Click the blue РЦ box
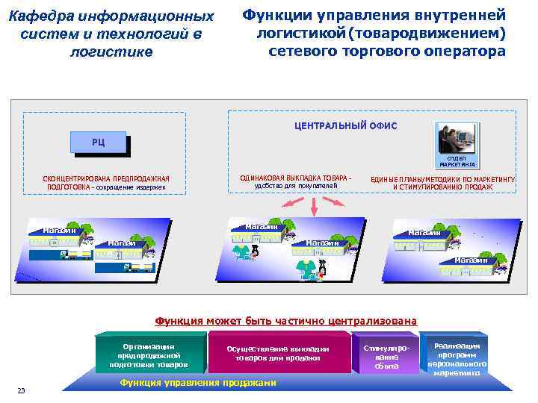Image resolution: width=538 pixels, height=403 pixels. pos(99,142)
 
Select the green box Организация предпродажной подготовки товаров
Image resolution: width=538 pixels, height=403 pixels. pos(149,354)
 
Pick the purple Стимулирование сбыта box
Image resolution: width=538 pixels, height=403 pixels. pos(386,357)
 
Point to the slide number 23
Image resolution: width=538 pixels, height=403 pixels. pos(22,391)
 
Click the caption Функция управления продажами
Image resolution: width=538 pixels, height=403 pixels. pos(198,383)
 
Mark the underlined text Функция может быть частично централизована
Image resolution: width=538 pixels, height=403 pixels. pos(285,321)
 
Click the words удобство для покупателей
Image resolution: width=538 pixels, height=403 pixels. pos(291,186)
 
